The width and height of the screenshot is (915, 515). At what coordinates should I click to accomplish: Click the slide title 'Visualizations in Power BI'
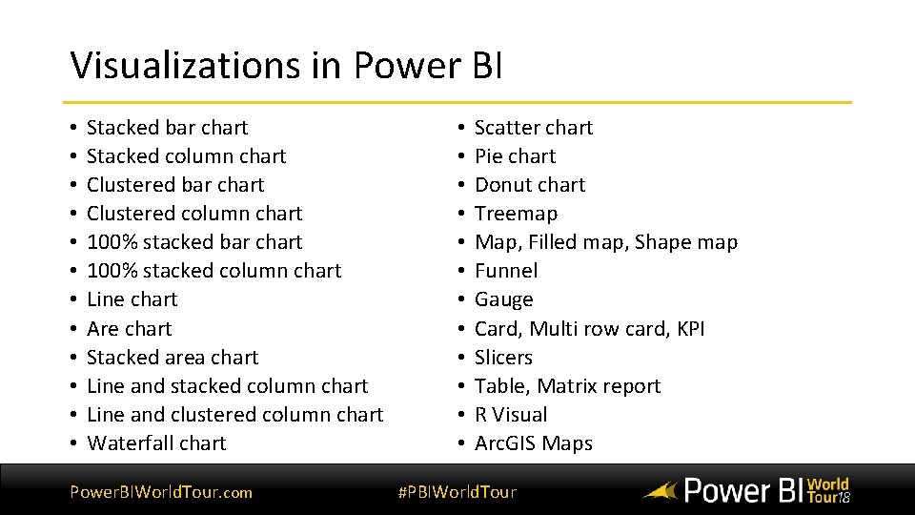click(286, 66)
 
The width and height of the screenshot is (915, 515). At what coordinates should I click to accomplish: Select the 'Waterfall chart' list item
click(156, 443)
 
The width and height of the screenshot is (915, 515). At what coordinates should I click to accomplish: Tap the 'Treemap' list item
click(516, 214)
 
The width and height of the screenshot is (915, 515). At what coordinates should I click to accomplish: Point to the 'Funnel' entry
click(506, 271)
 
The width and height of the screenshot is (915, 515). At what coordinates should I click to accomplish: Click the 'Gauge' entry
click(503, 300)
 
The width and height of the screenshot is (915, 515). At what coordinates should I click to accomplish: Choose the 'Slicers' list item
click(503, 358)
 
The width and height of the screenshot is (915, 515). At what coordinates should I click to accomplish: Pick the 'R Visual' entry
click(511, 415)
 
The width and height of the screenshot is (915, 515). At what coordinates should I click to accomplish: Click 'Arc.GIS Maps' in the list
click(533, 443)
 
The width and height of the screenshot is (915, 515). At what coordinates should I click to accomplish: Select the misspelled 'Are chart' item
click(129, 329)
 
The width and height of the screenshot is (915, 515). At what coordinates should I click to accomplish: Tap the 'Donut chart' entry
click(530, 185)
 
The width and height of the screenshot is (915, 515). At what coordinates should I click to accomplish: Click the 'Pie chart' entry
click(515, 156)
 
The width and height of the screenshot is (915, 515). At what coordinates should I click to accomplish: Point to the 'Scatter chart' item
click(533, 128)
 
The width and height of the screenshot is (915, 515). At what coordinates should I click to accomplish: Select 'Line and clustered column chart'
click(234, 415)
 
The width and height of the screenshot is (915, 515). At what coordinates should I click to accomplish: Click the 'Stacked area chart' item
click(173, 358)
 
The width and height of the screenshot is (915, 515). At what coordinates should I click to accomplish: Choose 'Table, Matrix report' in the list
click(567, 386)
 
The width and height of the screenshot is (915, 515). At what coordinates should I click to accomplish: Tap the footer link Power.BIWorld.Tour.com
click(161, 492)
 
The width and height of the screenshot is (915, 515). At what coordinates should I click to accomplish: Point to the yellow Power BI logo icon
click(660, 492)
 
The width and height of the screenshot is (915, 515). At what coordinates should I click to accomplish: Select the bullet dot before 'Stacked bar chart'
click(73, 128)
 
